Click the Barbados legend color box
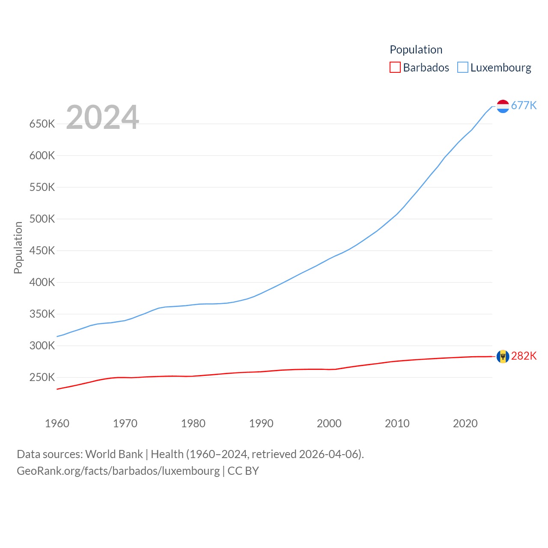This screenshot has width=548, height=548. point(395,68)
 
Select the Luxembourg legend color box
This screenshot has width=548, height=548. point(463,68)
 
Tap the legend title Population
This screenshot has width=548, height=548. point(416,50)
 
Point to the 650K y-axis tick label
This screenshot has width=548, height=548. point(42,124)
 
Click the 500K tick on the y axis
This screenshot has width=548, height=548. point(42,219)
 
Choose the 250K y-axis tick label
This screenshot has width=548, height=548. point(42,378)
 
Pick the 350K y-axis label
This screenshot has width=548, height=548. point(42,314)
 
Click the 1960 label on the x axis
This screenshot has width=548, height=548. point(57,423)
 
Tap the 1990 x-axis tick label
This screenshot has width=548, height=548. point(261,423)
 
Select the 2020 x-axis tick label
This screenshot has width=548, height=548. point(465,423)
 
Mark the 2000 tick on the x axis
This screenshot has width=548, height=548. point(329,423)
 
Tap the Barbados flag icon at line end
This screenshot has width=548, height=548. point(503,356)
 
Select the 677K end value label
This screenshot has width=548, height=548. point(524,106)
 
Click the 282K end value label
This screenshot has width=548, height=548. point(524,356)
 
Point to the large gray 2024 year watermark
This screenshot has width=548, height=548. point(102,117)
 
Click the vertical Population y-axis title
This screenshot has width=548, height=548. point(18,247)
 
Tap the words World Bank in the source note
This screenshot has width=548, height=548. point(114,454)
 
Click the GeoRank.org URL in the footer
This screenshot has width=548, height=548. point(118,471)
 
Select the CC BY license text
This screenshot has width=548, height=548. point(243,471)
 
